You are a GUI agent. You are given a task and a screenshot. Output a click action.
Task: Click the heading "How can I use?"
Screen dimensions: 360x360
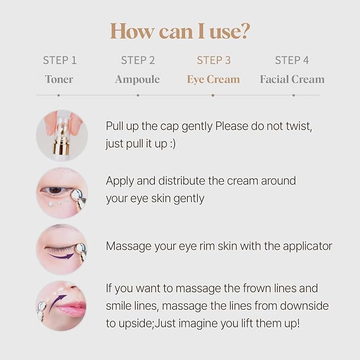[180, 32]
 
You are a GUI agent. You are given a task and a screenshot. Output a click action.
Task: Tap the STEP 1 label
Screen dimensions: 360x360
[60, 60]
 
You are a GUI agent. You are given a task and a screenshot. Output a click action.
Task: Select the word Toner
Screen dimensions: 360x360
[59, 80]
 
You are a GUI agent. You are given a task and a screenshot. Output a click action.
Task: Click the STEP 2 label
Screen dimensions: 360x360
[138, 60]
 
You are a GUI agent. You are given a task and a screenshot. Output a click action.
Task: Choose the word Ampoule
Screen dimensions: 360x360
[137, 80]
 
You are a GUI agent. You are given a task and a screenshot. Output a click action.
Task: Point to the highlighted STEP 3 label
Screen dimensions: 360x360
[214, 60]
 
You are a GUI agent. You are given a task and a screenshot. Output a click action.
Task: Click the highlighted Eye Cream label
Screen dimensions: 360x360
[213, 80]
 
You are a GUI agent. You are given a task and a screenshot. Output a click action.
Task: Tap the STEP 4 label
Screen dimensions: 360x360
[292, 60]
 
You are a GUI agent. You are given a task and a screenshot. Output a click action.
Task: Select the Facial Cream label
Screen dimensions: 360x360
[292, 80]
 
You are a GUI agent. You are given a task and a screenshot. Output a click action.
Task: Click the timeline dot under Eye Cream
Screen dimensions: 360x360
[213, 95]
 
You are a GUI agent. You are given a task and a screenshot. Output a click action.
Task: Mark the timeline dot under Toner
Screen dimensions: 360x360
[59, 95]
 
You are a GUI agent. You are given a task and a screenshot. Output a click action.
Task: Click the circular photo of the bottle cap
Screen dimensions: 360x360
[62, 135]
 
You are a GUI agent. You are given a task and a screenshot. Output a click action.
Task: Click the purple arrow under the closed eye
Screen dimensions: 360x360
[61, 256]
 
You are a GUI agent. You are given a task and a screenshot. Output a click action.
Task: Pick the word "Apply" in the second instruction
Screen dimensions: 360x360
[119, 181]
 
